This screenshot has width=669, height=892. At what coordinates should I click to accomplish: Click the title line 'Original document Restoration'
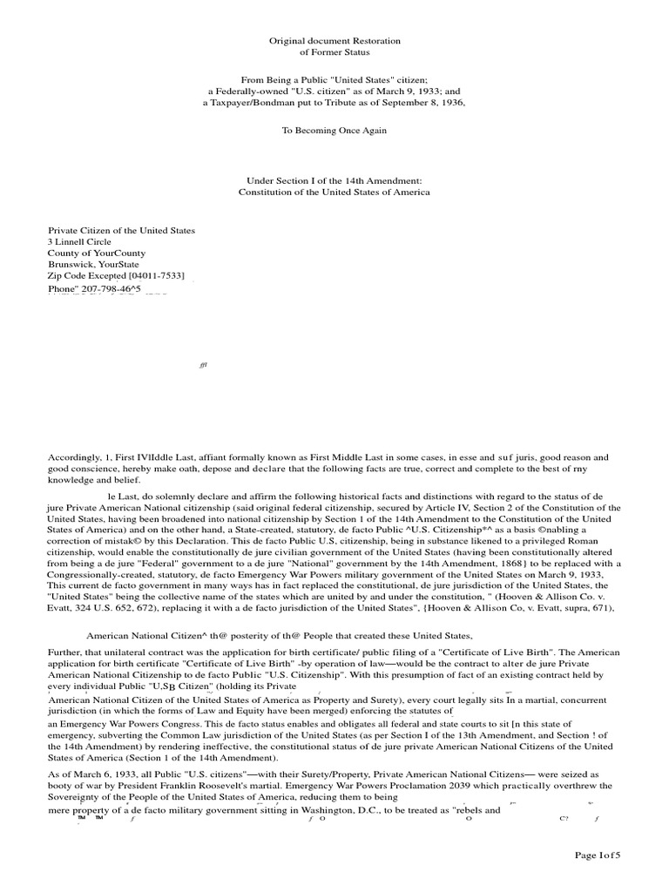[x=334, y=41]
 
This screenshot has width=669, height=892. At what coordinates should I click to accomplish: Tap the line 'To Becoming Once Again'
[x=334, y=130]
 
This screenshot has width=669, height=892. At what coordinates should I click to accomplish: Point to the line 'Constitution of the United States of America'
[x=334, y=192]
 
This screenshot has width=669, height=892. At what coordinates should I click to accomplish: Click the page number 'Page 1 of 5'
[x=598, y=855]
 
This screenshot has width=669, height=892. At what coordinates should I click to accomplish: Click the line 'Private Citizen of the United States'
[x=121, y=231]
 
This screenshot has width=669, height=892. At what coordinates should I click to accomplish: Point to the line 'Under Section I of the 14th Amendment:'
[x=334, y=180]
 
